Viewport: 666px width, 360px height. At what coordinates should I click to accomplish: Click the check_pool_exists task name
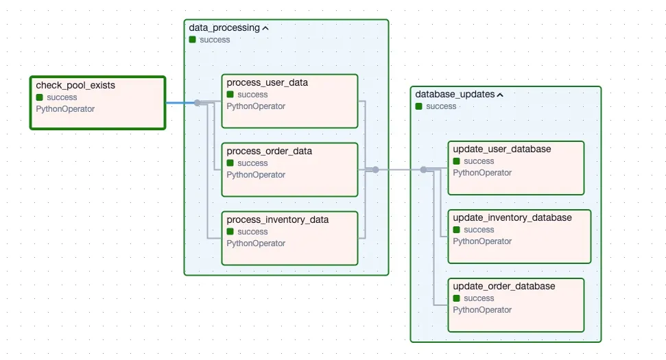point(75,86)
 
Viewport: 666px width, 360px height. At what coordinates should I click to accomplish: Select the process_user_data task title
point(267,83)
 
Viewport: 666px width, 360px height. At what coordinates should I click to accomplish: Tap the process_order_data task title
point(269,152)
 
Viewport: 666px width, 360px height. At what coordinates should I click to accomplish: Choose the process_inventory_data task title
point(277,220)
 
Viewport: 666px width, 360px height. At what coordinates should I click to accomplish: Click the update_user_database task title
point(501,149)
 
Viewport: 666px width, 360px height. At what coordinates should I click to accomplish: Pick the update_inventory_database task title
point(512,218)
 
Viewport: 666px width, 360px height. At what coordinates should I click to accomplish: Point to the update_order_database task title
point(503,287)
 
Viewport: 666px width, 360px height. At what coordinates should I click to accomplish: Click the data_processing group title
point(224,28)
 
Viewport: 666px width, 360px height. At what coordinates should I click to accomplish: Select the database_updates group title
point(455,95)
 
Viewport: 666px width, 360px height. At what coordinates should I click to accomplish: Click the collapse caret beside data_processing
point(265,29)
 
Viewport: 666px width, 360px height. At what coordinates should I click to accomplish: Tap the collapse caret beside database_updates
point(500,95)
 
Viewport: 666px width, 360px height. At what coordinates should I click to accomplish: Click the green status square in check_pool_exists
point(40,97)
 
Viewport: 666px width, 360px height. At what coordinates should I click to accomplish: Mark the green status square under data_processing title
point(193,40)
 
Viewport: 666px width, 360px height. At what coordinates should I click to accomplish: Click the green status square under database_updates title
point(419,106)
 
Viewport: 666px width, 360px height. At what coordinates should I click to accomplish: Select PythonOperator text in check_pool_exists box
point(65,109)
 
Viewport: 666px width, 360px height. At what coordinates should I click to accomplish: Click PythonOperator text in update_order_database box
point(482,310)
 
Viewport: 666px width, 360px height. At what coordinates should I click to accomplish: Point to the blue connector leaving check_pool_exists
point(180,104)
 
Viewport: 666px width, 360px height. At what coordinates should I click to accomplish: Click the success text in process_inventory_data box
point(252,232)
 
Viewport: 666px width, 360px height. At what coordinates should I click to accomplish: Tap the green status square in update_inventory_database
point(457,230)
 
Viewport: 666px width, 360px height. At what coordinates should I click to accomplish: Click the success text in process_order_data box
point(252,163)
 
